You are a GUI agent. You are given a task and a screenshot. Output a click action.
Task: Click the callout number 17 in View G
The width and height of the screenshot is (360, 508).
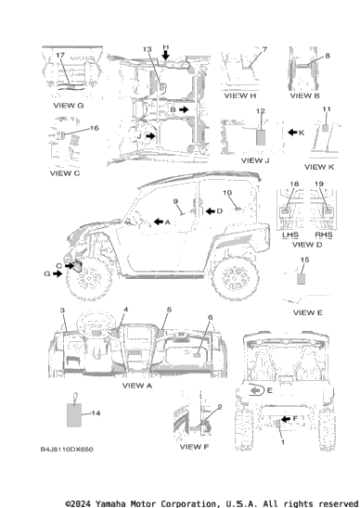[60, 55]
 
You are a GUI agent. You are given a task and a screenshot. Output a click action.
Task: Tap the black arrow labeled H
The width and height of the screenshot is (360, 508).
[165, 56]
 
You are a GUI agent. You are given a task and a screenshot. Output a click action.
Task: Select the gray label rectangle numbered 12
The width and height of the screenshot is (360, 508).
[261, 137]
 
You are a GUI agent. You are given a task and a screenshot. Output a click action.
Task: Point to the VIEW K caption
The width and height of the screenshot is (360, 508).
[319, 167]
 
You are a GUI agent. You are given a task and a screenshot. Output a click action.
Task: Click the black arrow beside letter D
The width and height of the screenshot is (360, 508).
[211, 211]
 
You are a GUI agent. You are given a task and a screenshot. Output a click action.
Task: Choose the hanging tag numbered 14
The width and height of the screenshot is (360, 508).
[74, 414]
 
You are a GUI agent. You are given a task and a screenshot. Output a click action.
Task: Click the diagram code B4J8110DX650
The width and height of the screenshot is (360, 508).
[67, 450]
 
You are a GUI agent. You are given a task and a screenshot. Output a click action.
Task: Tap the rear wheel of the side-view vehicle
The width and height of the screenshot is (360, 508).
[235, 278]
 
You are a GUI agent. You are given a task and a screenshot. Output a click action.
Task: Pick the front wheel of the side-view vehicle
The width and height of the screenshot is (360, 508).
[88, 280]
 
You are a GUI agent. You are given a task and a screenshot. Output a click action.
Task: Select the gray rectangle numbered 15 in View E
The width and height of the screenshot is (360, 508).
[301, 279]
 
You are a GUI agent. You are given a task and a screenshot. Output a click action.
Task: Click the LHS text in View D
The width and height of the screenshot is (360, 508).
[289, 235]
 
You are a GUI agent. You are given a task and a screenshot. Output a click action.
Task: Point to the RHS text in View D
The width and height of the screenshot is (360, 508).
[324, 235]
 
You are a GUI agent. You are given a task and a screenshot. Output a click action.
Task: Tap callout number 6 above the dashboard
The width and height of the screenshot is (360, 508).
[210, 317]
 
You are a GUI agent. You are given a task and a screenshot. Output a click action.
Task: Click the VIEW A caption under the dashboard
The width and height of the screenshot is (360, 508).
[137, 386]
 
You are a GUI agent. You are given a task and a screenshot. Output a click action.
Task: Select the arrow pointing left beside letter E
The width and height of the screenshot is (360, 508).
[256, 391]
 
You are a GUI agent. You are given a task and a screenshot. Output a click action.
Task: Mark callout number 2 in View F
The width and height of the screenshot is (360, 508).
[220, 407]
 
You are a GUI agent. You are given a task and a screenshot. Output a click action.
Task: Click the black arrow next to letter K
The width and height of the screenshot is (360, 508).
[292, 133]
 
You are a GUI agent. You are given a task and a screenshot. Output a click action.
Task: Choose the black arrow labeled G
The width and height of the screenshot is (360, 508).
[58, 274]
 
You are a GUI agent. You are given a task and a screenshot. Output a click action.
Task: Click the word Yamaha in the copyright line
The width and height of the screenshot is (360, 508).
[110, 503]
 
